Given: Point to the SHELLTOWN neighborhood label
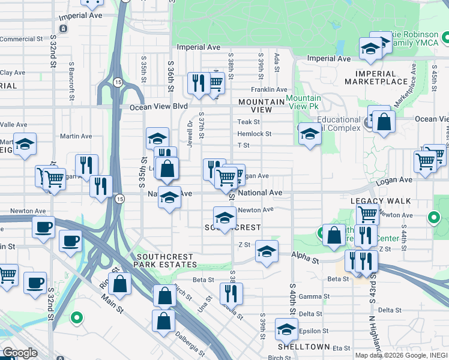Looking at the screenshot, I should click(303, 347).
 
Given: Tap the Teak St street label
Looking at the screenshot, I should click(248, 122).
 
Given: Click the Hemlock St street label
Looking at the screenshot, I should click(255, 134).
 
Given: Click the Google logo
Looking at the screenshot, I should click(19, 353).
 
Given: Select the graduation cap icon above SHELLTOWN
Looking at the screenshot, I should click(286, 329).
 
